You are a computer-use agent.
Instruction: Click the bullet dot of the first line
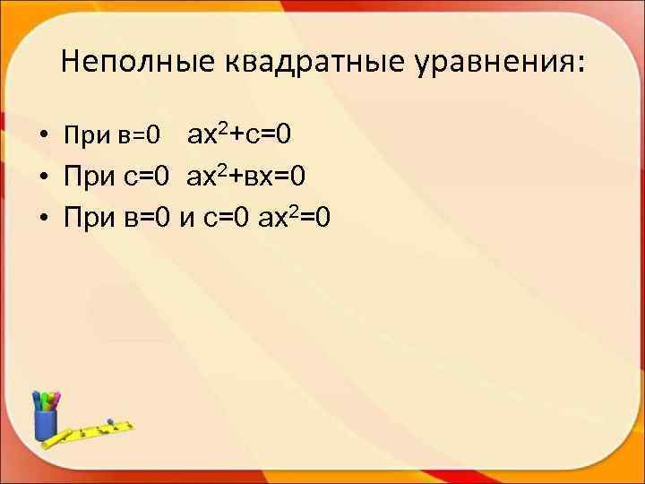(x=42, y=138)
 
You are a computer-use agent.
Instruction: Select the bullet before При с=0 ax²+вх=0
(x=42, y=178)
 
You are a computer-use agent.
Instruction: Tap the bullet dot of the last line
(x=42, y=219)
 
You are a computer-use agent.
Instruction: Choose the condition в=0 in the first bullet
(x=140, y=136)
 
